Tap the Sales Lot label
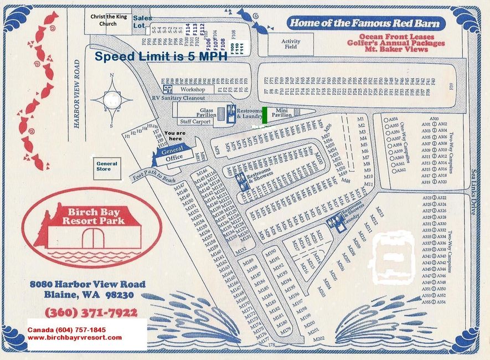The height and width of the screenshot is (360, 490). pyautogui.click(x=142, y=22)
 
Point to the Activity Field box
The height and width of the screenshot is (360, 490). pyautogui.click(x=290, y=44)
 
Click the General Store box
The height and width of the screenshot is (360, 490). pyautogui.click(x=107, y=167)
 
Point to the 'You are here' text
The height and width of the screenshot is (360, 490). pyautogui.click(x=175, y=136)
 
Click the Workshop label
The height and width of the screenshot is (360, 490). pyautogui.click(x=192, y=89)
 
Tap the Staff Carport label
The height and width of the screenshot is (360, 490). pyautogui.click(x=195, y=121)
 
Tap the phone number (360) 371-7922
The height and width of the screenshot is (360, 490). pyautogui.click(x=91, y=312)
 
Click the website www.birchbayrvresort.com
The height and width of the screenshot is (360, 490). pyautogui.click(x=75, y=337)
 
